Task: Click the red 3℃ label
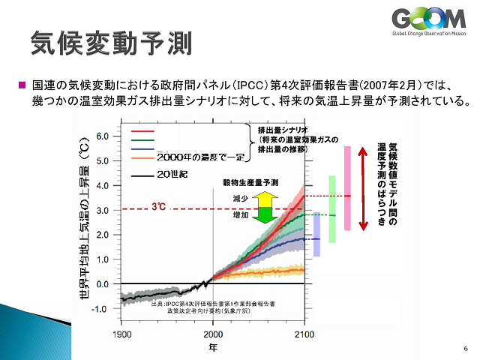[158, 205]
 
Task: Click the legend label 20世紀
[175, 174]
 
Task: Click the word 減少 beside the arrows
[240, 199]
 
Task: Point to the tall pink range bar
[347, 187]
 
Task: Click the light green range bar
[331, 208]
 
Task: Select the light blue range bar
[316, 235]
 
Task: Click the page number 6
[466, 349]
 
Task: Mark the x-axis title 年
[213, 347]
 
